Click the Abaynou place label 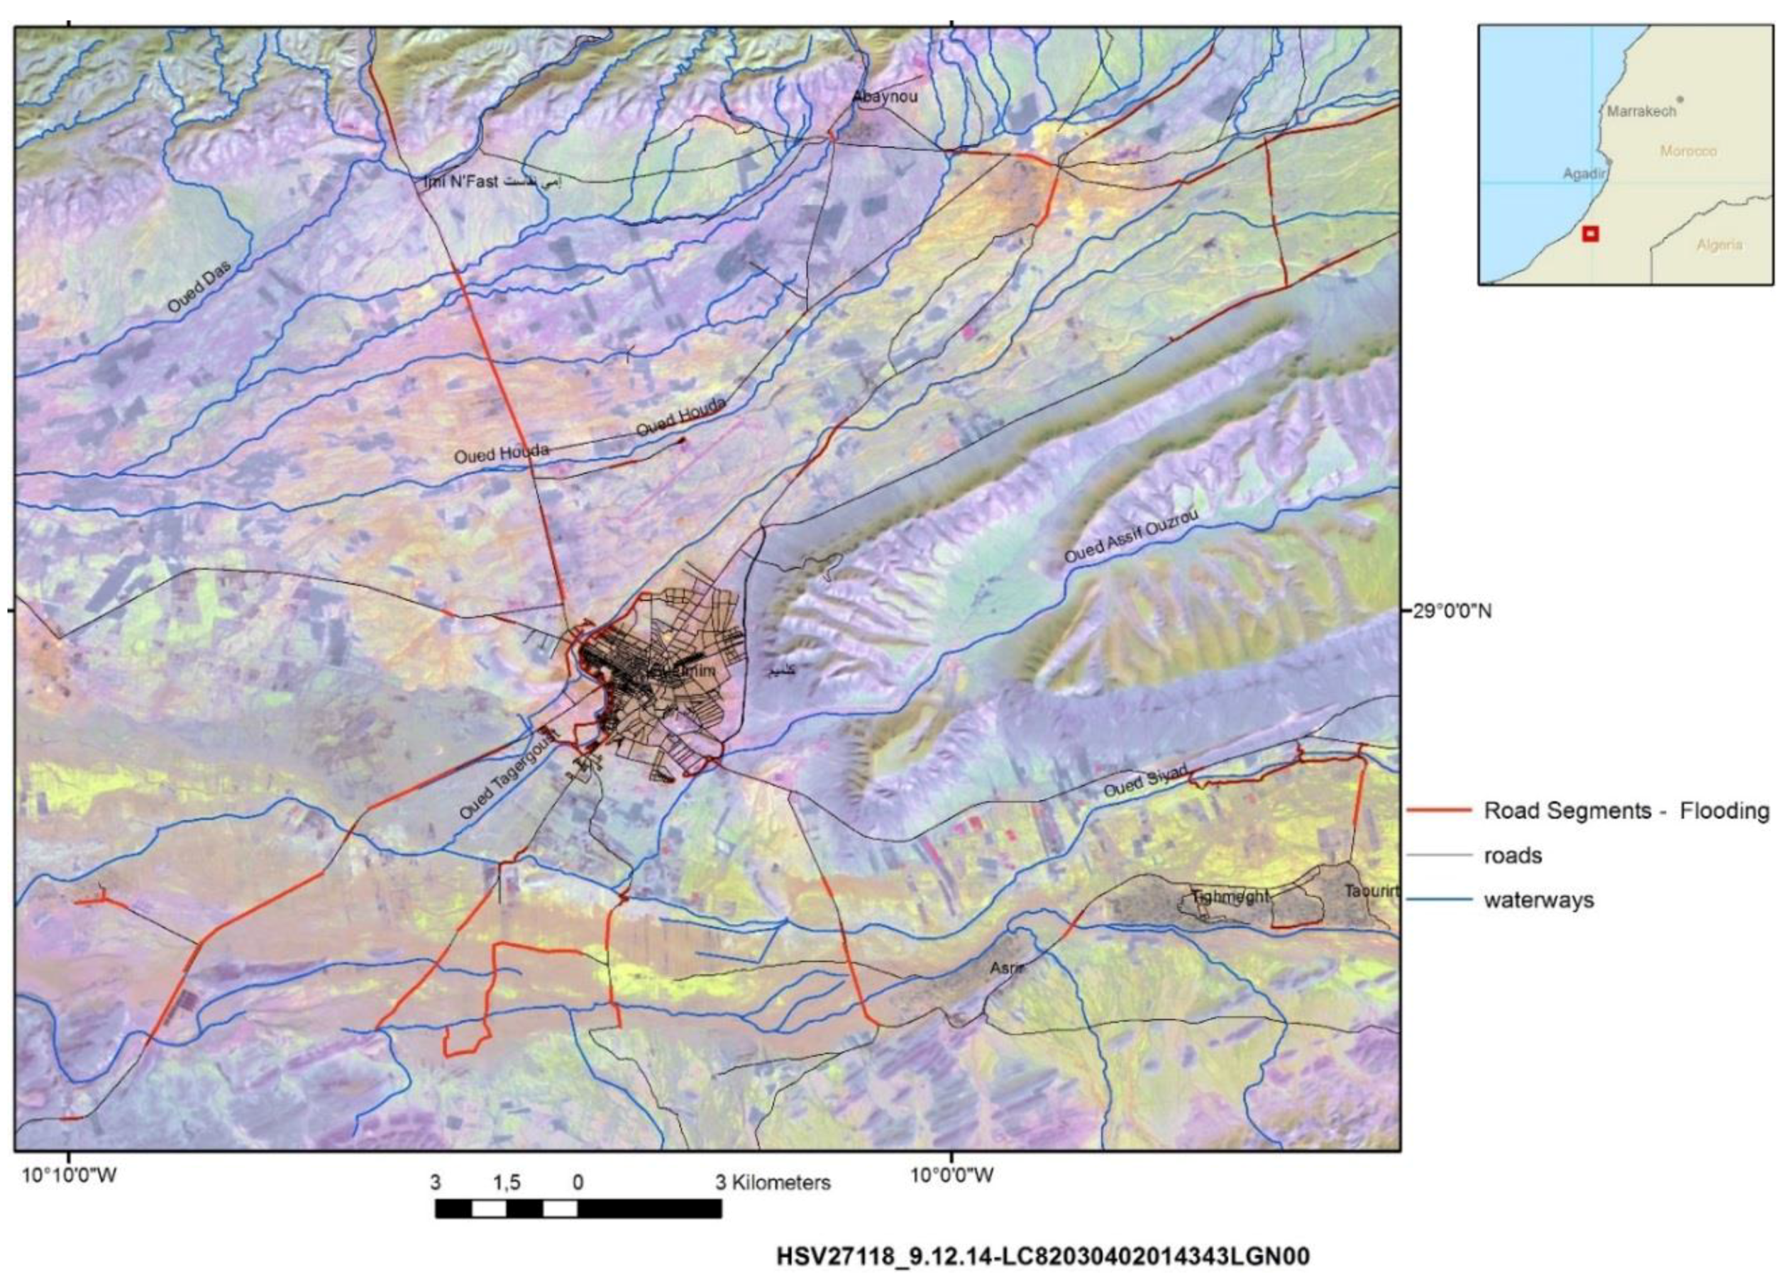pos(885,96)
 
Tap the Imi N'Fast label pos(461,182)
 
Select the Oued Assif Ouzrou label pos(1131,536)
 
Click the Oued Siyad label pos(1144,780)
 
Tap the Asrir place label pos(1006,968)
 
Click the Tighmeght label pos(1230,896)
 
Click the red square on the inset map pos(1589,233)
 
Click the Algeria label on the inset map pos(1719,245)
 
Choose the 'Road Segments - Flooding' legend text pos(1625,810)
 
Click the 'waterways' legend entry pos(1538,900)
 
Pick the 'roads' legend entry pos(1513,856)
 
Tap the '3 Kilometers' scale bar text pos(773,1183)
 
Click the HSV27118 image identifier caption pos(1043,1257)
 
